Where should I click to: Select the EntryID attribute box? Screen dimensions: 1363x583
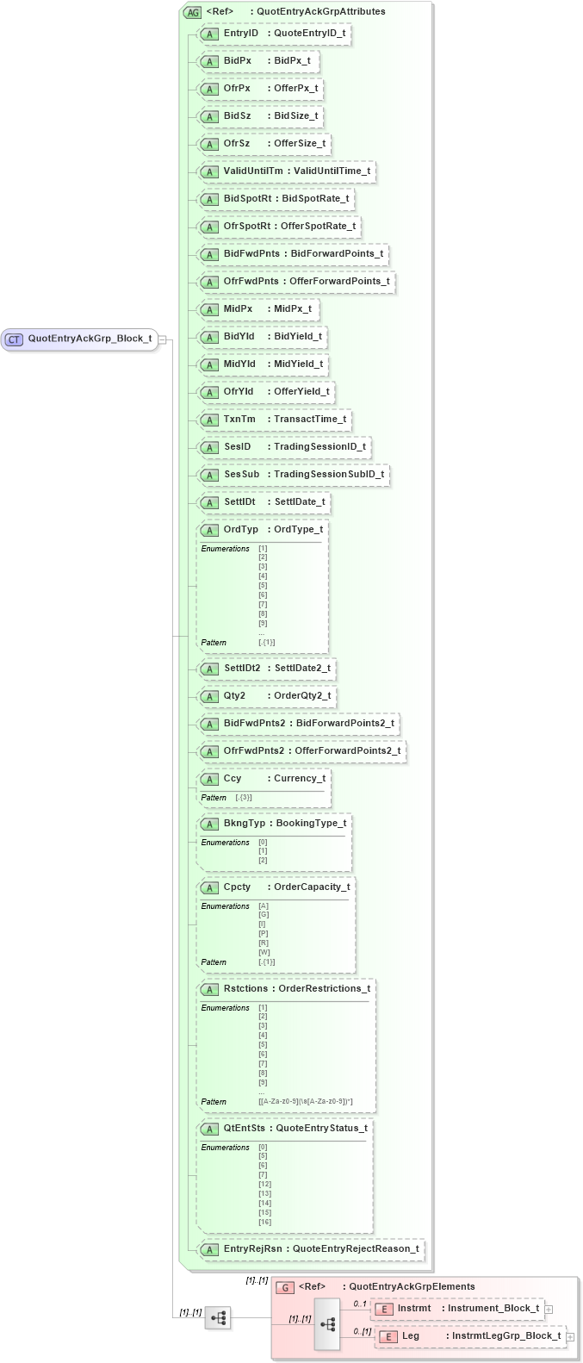pyautogui.click(x=274, y=34)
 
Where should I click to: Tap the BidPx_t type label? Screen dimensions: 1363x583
pyautogui.click(x=292, y=61)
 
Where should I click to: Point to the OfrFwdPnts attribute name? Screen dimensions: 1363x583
pyautogui.click(x=251, y=282)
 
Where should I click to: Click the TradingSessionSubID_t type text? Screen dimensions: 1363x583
pyautogui.click(x=329, y=475)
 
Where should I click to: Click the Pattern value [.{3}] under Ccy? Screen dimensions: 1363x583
pyautogui.click(x=244, y=798)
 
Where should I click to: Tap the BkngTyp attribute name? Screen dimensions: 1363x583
pyautogui.click(x=245, y=824)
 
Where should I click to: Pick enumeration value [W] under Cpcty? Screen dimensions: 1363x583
pyautogui.click(x=264, y=952)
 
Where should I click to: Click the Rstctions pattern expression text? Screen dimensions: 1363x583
pyautogui.click(x=305, y=1102)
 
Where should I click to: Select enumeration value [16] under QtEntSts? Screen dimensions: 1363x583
pyautogui.click(x=264, y=1222)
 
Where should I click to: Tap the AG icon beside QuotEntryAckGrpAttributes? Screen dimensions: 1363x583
pyautogui.click(x=193, y=12)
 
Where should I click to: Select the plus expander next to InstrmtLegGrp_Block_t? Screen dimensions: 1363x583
pyautogui.click(x=570, y=1337)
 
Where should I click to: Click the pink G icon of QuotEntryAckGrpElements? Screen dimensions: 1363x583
pyautogui.click(x=285, y=1287)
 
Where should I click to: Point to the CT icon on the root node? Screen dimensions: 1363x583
pyautogui.click(x=14, y=339)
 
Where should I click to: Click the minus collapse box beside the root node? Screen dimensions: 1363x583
pyautogui.click(x=162, y=339)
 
